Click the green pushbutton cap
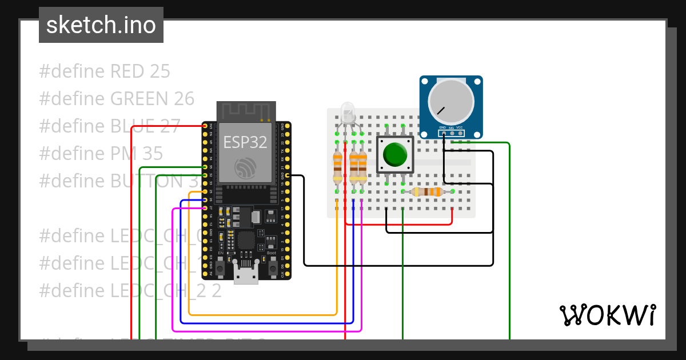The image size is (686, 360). click(x=395, y=154)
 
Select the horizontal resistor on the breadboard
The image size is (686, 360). click(x=428, y=192)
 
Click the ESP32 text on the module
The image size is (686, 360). click(x=245, y=142)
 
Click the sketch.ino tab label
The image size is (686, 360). click(x=101, y=25)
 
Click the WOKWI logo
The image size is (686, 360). click(x=607, y=315)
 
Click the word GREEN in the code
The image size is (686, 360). click(x=137, y=99)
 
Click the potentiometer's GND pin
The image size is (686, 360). click(x=443, y=133)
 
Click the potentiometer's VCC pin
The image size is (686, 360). click(x=460, y=133)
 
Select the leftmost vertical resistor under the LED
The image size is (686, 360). click(x=337, y=167)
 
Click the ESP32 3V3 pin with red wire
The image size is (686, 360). click(x=205, y=126)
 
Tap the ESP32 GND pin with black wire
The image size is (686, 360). click(x=287, y=175)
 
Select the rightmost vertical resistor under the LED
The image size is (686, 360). click(x=362, y=167)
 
